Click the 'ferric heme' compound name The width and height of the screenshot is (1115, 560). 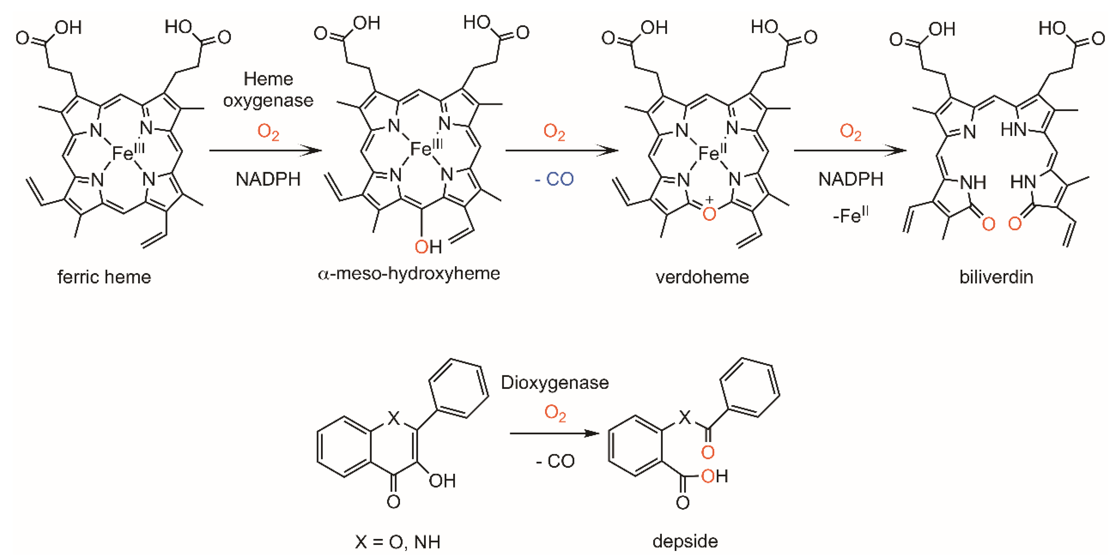104,277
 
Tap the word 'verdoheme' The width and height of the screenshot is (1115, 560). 702,277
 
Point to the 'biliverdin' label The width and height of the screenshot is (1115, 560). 996,277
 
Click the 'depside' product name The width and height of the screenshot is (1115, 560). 685,541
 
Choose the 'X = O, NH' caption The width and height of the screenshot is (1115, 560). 397,542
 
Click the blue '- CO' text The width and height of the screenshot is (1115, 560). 555,179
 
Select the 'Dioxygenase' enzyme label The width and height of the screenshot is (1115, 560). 555,383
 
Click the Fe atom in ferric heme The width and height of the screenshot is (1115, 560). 122,153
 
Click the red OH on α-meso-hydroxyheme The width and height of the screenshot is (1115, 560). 428,247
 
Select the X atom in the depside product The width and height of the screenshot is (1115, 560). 684,417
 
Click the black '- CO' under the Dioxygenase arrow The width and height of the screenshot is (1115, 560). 555,461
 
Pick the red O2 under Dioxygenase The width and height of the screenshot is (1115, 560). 555,413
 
